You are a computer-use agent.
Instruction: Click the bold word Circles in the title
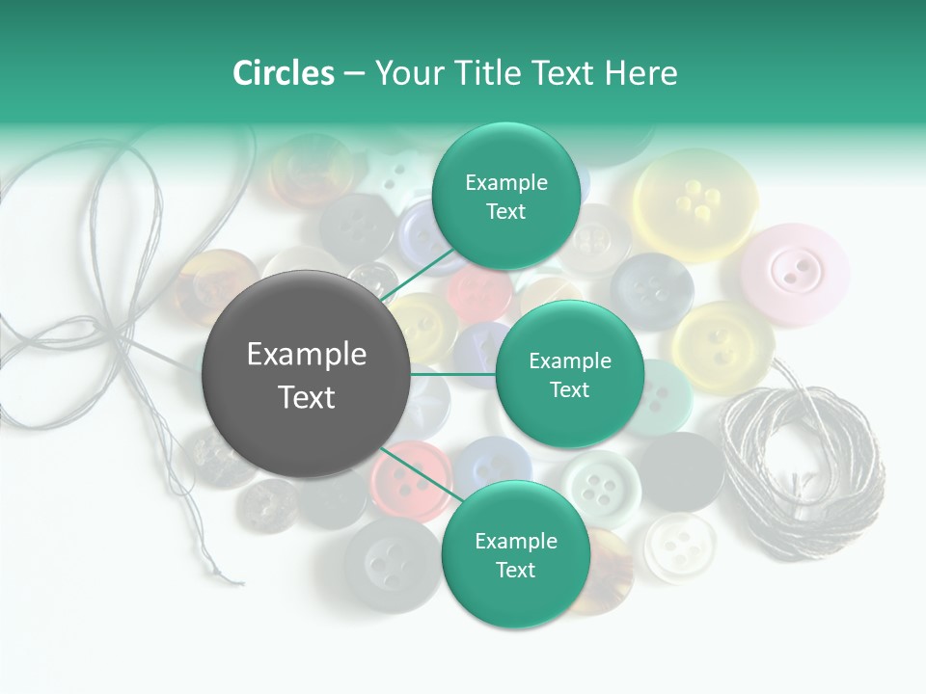coord(283,73)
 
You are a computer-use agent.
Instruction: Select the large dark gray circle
coord(306,374)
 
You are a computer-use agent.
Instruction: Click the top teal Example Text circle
coord(505,196)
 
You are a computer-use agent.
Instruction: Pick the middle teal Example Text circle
coord(569,374)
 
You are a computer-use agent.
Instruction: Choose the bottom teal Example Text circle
coord(515,554)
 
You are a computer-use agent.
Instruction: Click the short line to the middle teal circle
coord(452,374)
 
